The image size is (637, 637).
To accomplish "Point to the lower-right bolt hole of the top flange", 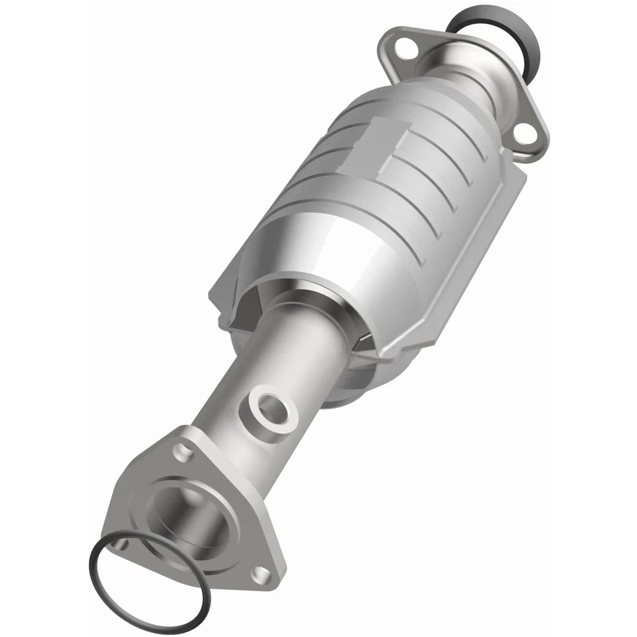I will [524, 133].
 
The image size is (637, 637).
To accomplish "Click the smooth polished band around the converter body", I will [332, 265].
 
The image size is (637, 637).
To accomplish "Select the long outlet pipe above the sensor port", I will [292, 345].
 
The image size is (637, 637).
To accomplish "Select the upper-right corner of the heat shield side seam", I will [511, 159].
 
